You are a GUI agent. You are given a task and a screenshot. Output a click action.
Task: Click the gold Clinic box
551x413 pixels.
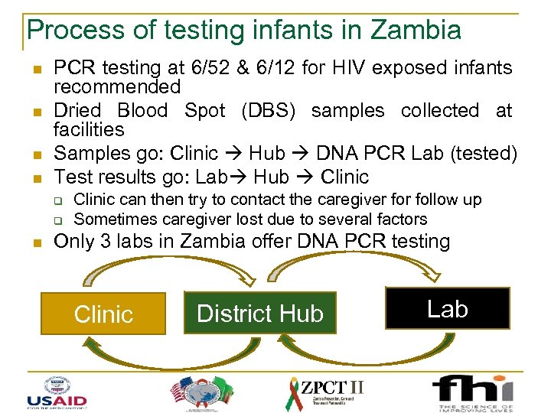coord(103,314)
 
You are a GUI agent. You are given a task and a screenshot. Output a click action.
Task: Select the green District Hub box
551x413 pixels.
coord(259,314)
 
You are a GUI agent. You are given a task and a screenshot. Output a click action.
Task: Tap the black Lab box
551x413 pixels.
coord(447,309)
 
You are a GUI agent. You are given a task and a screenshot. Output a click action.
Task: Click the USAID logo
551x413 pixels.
coord(57,391)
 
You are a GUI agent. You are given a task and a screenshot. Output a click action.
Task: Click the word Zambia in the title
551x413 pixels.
coord(416,30)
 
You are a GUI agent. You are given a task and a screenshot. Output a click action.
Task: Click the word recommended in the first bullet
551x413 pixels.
coord(116,87)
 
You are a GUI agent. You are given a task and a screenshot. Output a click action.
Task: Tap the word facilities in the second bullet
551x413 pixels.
coord(88,129)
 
